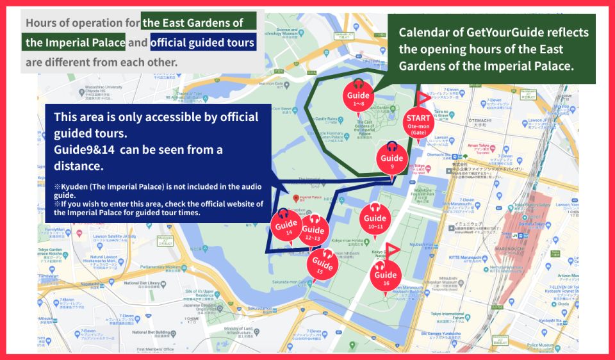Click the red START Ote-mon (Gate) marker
[419, 123]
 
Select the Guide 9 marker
[392, 158]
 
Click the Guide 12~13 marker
[313, 233]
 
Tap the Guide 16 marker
[386, 274]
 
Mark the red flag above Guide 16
[392, 249]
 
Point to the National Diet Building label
[152, 332]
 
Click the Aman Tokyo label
[477, 147]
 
